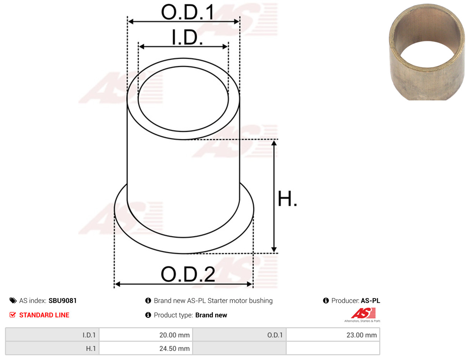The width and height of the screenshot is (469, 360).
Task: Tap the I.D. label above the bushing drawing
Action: pos(187,37)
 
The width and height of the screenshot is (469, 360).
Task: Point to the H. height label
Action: pos(287,199)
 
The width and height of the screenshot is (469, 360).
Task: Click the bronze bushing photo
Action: pos(427,52)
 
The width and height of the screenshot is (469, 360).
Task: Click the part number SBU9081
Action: pos(63,301)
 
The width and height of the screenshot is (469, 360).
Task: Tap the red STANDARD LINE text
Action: pos(44,315)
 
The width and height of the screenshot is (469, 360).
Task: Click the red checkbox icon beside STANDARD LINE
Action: pos(12,315)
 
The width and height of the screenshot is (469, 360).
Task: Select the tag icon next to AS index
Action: pos(13,301)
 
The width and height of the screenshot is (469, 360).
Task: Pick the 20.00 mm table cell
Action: pos(146,335)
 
